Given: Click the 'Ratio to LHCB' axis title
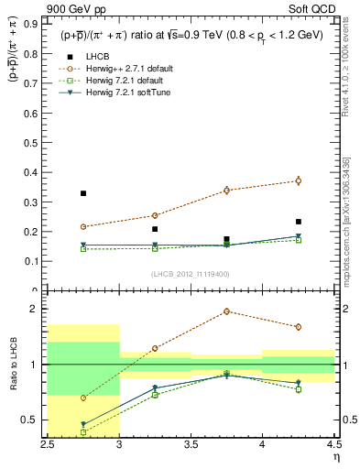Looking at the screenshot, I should [x=15, y=365].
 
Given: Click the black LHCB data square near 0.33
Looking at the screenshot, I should [x=83, y=193].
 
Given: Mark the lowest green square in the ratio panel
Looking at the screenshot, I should [x=83, y=432].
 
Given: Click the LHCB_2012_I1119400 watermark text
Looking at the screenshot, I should [x=191, y=274].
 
